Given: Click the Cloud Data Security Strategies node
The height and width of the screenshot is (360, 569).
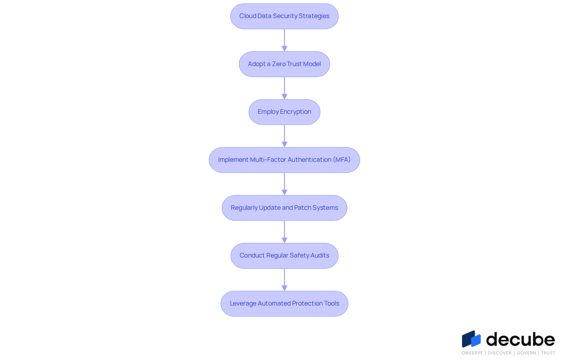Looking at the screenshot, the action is tap(284, 16).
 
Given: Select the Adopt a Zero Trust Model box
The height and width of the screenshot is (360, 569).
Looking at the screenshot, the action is tap(284, 64).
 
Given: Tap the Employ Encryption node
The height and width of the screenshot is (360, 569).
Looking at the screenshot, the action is tap(284, 112).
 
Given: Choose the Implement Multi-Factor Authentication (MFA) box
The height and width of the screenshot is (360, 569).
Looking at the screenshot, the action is tap(284, 160).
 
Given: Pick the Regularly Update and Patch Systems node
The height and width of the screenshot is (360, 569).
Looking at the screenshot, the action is tap(284, 208).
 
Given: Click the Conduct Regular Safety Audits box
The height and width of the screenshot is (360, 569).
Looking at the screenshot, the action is tap(284, 256).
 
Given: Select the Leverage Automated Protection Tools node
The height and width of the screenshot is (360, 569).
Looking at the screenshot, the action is tap(284, 304).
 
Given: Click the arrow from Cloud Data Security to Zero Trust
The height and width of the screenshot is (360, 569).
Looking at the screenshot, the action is tap(284, 40).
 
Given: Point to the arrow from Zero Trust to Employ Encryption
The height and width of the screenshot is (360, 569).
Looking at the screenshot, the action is tap(284, 88).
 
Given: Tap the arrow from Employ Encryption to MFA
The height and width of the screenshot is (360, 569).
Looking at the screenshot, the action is tap(284, 136).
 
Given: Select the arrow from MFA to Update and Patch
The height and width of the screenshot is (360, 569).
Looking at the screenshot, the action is tap(284, 184).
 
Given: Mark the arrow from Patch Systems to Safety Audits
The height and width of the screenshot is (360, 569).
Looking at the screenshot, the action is tap(284, 232).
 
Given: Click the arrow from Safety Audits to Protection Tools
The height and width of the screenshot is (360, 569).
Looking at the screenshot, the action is tap(284, 280).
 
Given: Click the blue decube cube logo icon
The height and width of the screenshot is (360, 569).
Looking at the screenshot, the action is tap(471, 339).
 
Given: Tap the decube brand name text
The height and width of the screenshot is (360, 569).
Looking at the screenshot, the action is tap(521, 339).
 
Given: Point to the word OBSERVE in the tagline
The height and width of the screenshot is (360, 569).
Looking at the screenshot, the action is tap(472, 353).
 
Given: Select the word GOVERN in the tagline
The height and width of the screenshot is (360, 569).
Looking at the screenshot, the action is tap(526, 353).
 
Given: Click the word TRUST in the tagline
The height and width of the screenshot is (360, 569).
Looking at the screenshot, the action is tap(548, 353).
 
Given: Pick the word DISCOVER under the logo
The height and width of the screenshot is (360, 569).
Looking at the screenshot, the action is tap(500, 353).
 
